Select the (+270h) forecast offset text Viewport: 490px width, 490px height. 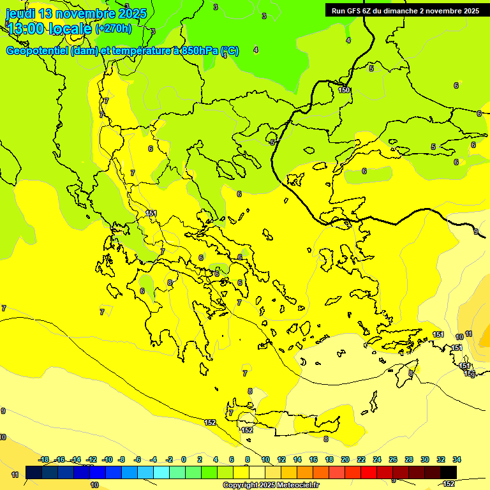(x=114, y=28)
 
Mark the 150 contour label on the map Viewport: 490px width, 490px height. (x=344, y=90)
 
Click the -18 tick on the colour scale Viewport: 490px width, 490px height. (x=43, y=459)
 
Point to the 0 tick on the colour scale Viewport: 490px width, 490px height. (x=184, y=459)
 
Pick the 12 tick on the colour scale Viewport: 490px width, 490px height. (x=281, y=459)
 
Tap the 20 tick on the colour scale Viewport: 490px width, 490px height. (x=345, y=459)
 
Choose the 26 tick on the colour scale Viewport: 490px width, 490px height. (x=393, y=459)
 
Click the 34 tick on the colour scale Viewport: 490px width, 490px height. (x=457, y=459)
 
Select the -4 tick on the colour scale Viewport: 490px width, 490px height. (x=153, y=459)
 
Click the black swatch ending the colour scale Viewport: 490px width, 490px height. (x=449, y=472)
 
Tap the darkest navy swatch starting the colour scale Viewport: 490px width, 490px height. (x=34, y=472)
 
